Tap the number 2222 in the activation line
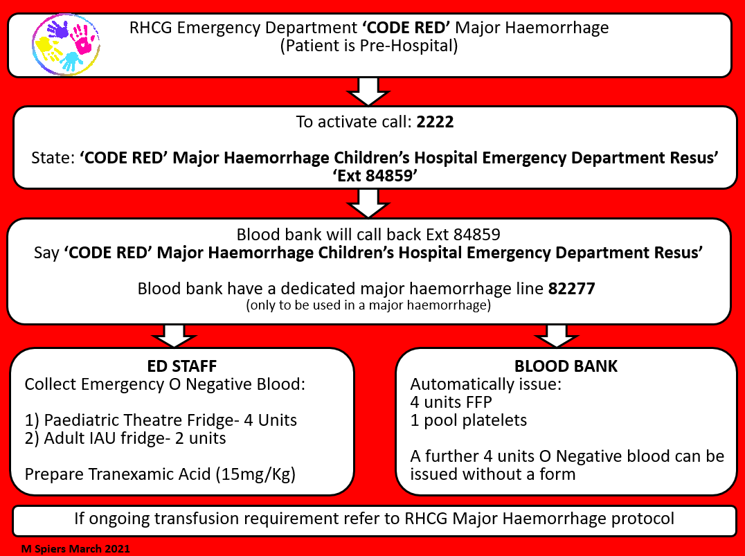point(435,123)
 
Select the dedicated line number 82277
point(571,289)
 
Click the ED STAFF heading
point(182,366)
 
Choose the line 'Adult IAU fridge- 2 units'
point(125,438)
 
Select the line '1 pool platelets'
point(469,420)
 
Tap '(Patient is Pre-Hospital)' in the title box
point(370,47)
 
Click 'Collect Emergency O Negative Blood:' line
point(165,384)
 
